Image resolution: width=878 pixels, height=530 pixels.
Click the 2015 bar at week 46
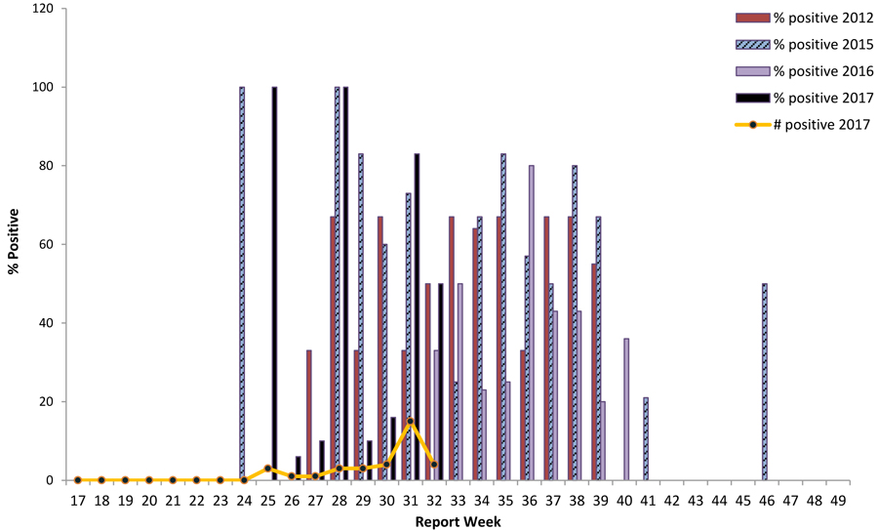click(x=764, y=382)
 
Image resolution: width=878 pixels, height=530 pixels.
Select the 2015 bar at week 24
click(x=241, y=283)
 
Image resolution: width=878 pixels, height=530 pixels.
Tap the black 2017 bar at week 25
click(x=275, y=283)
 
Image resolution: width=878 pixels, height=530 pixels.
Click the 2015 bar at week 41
click(x=645, y=438)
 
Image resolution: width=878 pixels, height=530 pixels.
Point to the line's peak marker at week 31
click(x=411, y=422)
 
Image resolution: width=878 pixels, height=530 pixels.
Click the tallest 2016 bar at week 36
click(x=531, y=322)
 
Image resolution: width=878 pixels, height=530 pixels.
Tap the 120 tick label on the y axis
click(x=43, y=9)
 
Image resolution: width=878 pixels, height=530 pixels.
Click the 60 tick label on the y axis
click(x=47, y=244)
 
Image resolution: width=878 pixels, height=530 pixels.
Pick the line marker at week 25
click(x=268, y=469)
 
